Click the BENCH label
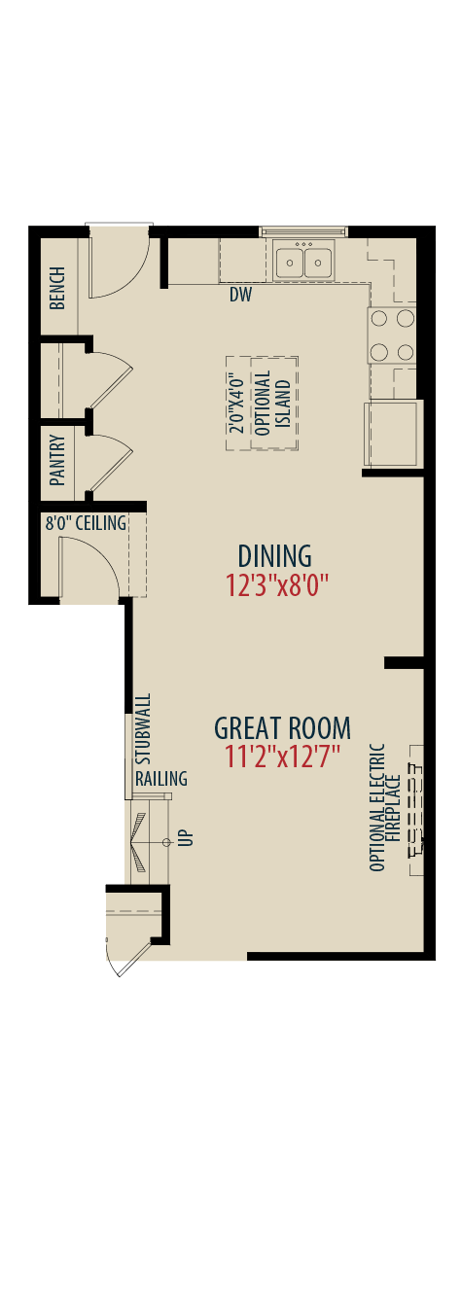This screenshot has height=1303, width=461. (57, 288)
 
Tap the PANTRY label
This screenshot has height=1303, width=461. (57, 460)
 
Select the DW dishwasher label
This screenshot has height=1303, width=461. (240, 295)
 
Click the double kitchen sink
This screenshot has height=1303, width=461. (303, 263)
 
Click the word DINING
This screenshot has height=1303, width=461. (274, 556)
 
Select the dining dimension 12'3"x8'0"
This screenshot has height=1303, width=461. (277, 585)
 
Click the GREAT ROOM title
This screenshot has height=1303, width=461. (283, 727)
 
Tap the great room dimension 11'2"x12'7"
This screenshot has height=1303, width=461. (282, 757)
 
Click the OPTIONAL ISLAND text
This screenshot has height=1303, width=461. (272, 404)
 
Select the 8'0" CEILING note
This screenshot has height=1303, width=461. (86, 523)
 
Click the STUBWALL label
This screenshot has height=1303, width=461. (143, 729)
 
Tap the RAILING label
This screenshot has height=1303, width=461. (161, 778)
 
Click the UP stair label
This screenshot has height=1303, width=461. (188, 837)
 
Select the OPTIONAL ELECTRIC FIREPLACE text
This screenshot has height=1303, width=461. (384, 807)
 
